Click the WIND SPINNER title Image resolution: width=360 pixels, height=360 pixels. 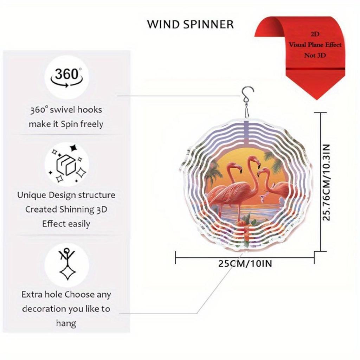coord(190,24)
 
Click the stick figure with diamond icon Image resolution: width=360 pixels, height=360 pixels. coord(67,264)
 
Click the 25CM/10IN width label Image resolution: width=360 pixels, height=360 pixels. coord(245,263)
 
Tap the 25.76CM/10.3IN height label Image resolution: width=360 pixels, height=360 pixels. coord(326,182)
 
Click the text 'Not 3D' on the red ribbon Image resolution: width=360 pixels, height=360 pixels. coord(315,55)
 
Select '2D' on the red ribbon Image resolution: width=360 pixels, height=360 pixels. coord(315,34)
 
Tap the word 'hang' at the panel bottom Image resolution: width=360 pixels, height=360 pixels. coord(66,323)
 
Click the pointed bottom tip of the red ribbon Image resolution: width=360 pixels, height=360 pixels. coord(316,99)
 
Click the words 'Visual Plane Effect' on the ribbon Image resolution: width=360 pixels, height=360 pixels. coord(315,45)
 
